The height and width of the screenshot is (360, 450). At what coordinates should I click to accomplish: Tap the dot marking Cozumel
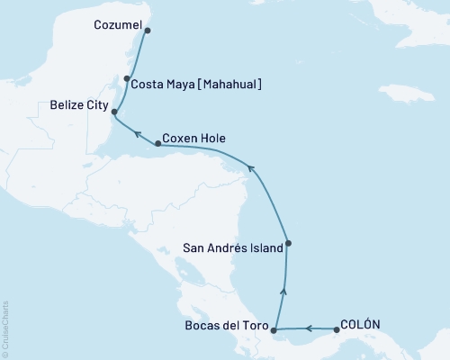148,30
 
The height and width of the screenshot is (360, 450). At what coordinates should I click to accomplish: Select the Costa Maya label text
164,85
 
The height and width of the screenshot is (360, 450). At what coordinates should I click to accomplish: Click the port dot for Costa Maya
128,78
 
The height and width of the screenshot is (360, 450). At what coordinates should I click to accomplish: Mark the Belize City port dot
114,112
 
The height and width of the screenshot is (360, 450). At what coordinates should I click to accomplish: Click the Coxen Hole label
195,139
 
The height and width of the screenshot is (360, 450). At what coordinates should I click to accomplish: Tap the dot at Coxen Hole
158,143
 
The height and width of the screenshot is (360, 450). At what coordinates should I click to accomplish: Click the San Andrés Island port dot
288,243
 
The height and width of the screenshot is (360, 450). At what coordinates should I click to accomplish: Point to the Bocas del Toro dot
274,329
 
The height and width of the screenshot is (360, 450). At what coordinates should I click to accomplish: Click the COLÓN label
364,325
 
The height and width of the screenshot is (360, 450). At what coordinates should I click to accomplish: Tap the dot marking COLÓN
337,329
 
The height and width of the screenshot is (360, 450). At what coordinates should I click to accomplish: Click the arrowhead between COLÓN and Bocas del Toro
307,329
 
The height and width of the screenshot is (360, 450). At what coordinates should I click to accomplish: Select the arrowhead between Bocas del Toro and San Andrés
284,290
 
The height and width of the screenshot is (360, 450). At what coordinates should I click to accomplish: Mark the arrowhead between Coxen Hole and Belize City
137,133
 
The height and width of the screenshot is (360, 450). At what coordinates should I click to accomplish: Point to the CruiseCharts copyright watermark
5,328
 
